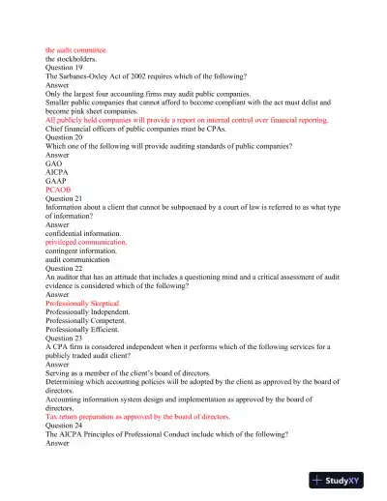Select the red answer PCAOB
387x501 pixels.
pos(60,191)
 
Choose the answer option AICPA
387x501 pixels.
pos(58,172)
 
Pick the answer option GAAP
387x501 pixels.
pos(57,181)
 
